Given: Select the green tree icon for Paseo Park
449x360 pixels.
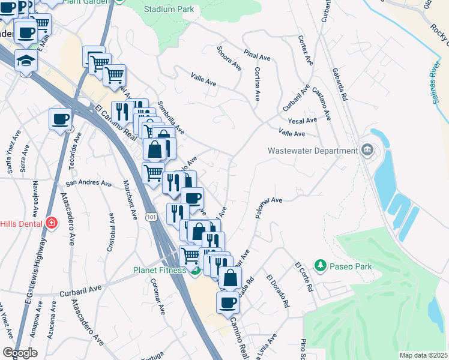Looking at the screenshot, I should click(x=321, y=266).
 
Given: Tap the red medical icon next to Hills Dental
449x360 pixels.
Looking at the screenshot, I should click(x=52, y=223).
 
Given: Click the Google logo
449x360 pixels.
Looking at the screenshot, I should click(x=19, y=352).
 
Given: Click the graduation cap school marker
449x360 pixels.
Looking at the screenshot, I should click(x=26, y=60).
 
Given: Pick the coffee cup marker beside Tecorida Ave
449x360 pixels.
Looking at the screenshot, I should click(x=60, y=119).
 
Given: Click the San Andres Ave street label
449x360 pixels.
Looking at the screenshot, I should click(x=89, y=183).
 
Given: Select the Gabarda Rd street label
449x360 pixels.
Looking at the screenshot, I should click(x=339, y=83).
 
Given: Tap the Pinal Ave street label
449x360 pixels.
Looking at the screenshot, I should click(x=258, y=56).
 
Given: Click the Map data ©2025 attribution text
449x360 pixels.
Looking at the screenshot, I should click(x=423, y=355).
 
